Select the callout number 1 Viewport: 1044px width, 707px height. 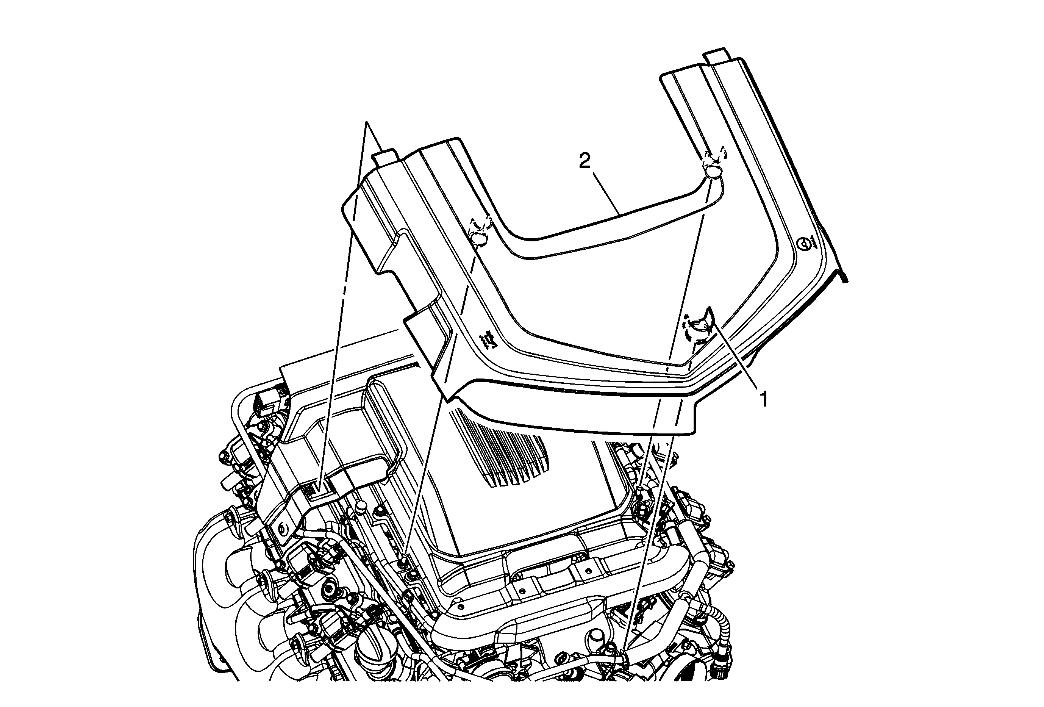click(762, 399)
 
